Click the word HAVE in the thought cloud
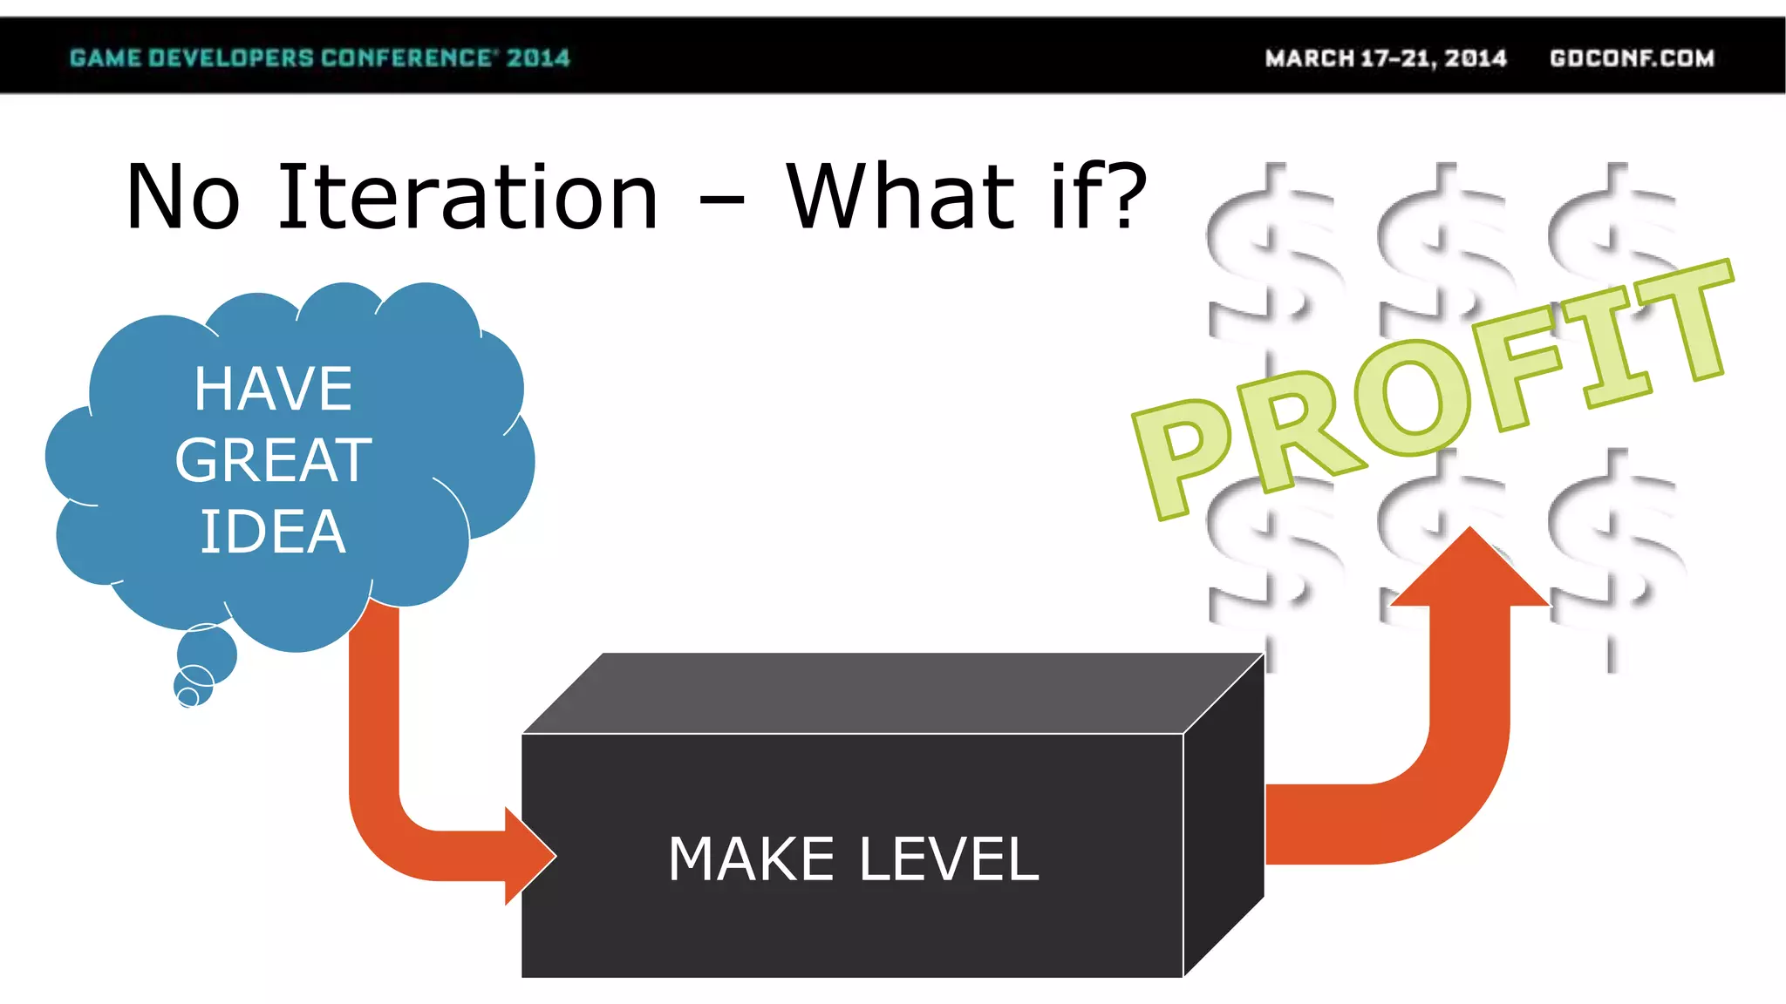[273, 389]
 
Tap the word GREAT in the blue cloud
[273, 460]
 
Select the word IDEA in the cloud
[273, 532]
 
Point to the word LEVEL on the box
[949, 859]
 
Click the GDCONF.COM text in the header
[1632, 58]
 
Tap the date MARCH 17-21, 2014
[1386, 58]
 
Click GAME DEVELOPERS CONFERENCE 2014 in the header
[319, 58]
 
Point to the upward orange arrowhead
[1470, 571]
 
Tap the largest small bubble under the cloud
[207, 654]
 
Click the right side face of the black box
[1224, 815]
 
